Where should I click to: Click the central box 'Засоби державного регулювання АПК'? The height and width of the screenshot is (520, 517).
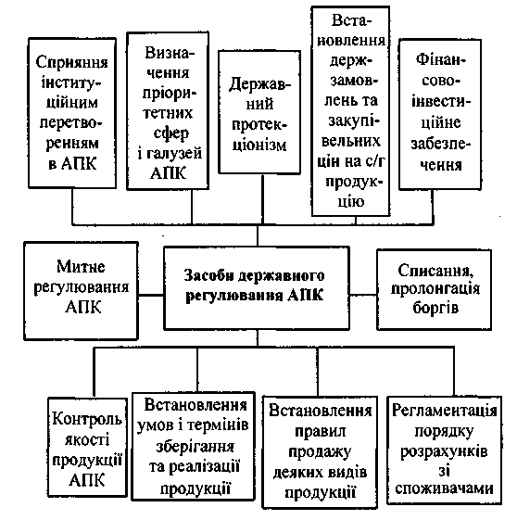click(257, 288)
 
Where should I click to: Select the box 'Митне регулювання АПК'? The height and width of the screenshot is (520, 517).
click(81, 291)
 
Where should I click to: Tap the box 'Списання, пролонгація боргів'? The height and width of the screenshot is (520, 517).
click(435, 289)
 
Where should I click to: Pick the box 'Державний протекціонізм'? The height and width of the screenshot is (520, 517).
click(259, 112)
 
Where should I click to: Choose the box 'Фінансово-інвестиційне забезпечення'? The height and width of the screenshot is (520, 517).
click(440, 114)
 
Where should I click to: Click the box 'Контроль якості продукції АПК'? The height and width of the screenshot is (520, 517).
click(87, 447)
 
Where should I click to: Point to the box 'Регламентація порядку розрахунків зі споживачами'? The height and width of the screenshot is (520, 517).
click(445, 450)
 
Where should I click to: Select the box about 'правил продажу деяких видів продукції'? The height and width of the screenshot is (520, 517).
click(321, 452)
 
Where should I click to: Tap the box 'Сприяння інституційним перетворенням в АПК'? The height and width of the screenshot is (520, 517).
click(72, 113)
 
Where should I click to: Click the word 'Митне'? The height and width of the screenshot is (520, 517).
click(81, 266)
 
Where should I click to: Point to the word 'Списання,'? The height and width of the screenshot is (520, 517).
click(435, 271)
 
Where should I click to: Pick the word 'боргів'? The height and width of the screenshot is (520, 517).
click(435, 308)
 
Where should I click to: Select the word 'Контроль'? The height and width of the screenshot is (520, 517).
click(87, 419)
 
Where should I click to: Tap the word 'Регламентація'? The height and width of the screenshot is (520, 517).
click(445, 411)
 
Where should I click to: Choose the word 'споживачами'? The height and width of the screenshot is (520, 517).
click(445, 488)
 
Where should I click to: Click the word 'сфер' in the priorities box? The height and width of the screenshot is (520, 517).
click(171, 133)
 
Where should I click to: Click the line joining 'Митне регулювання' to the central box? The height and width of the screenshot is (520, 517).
click(151, 295)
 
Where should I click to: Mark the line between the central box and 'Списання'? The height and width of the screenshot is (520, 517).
click(363, 294)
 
